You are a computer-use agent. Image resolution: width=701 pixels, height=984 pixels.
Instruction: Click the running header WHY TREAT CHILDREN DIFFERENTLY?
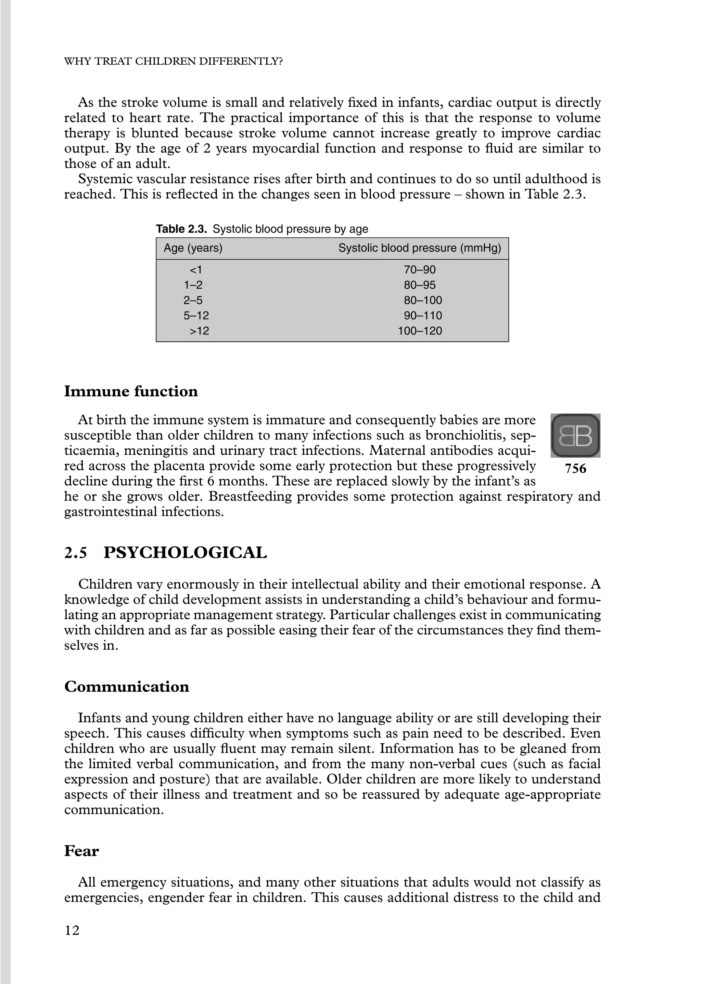[x=174, y=62]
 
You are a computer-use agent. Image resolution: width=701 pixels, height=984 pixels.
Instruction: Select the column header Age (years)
[x=193, y=248]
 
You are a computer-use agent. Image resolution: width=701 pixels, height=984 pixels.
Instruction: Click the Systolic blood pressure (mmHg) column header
[x=420, y=248]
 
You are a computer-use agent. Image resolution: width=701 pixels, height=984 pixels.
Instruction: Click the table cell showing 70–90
[x=420, y=270]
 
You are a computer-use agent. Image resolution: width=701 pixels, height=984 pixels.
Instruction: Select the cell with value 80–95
[x=420, y=285]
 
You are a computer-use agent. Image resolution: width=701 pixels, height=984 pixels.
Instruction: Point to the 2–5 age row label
[x=193, y=301]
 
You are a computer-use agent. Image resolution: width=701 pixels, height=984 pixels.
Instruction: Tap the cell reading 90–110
[x=423, y=316]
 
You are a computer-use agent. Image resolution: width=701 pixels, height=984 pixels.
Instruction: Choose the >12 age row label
[x=199, y=331]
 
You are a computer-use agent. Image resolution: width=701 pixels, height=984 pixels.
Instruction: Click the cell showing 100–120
[x=420, y=331]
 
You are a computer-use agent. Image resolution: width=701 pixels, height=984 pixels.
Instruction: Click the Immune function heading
[x=131, y=392]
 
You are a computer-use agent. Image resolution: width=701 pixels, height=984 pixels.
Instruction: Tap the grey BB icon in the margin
[x=575, y=435]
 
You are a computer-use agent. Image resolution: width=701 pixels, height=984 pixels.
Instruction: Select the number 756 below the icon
[x=575, y=469]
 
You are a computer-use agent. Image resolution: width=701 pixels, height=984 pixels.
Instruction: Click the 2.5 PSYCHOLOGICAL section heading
[x=165, y=553]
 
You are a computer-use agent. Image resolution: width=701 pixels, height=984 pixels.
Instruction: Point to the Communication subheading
[x=126, y=687]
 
